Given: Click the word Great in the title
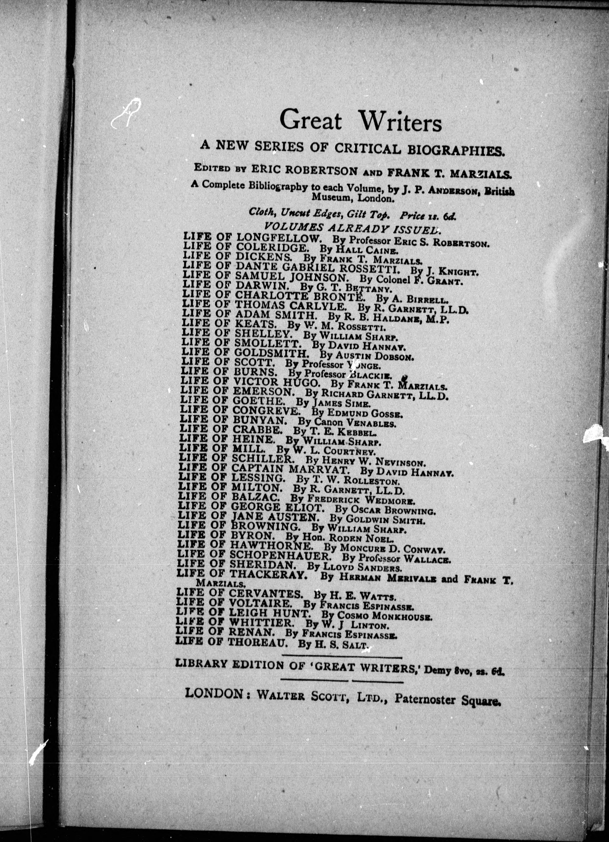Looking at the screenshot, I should click(310, 121).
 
